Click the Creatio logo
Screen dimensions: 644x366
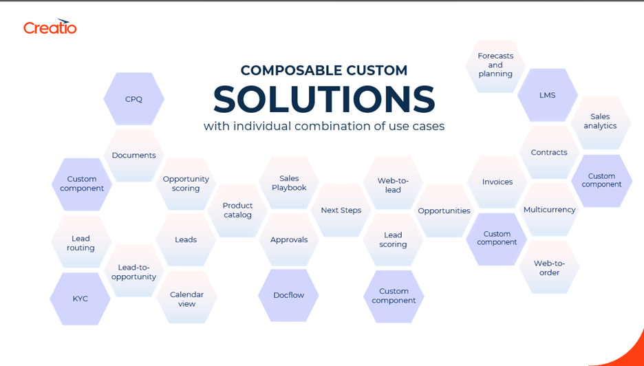pyautogui.click(x=50, y=26)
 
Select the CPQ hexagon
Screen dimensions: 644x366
pyautogui.click(x=134, y=99)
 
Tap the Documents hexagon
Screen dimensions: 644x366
pyautogui.click(x=134, y=155)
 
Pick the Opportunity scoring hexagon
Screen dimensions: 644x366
pyautogui.click(x=186, y=184)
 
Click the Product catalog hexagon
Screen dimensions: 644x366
pyautogui.click(x=237, y=211)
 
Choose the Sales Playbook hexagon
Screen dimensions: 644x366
pyautogui.click(x=289, y=183)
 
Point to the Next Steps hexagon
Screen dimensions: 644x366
pyautogui.click(x=341, y=210)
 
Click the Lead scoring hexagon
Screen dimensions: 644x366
pyautogui.click(x=393, y=239)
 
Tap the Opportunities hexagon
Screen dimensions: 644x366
pyautogui.click(x=444, y=211)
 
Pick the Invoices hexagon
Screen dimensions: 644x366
pyautogui.click(x=497, y=182)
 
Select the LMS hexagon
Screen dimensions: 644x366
pyautogui.click(x=548, y=95)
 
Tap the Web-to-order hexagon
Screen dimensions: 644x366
pyautogui.click(x=549, y=267)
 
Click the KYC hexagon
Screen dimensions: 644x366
pyautogui.click(x=80, y=299)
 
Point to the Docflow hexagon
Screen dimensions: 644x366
pyautogui.click(x=289, y=295)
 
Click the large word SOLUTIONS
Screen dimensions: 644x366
pyautogui.click(x=324, y=99)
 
